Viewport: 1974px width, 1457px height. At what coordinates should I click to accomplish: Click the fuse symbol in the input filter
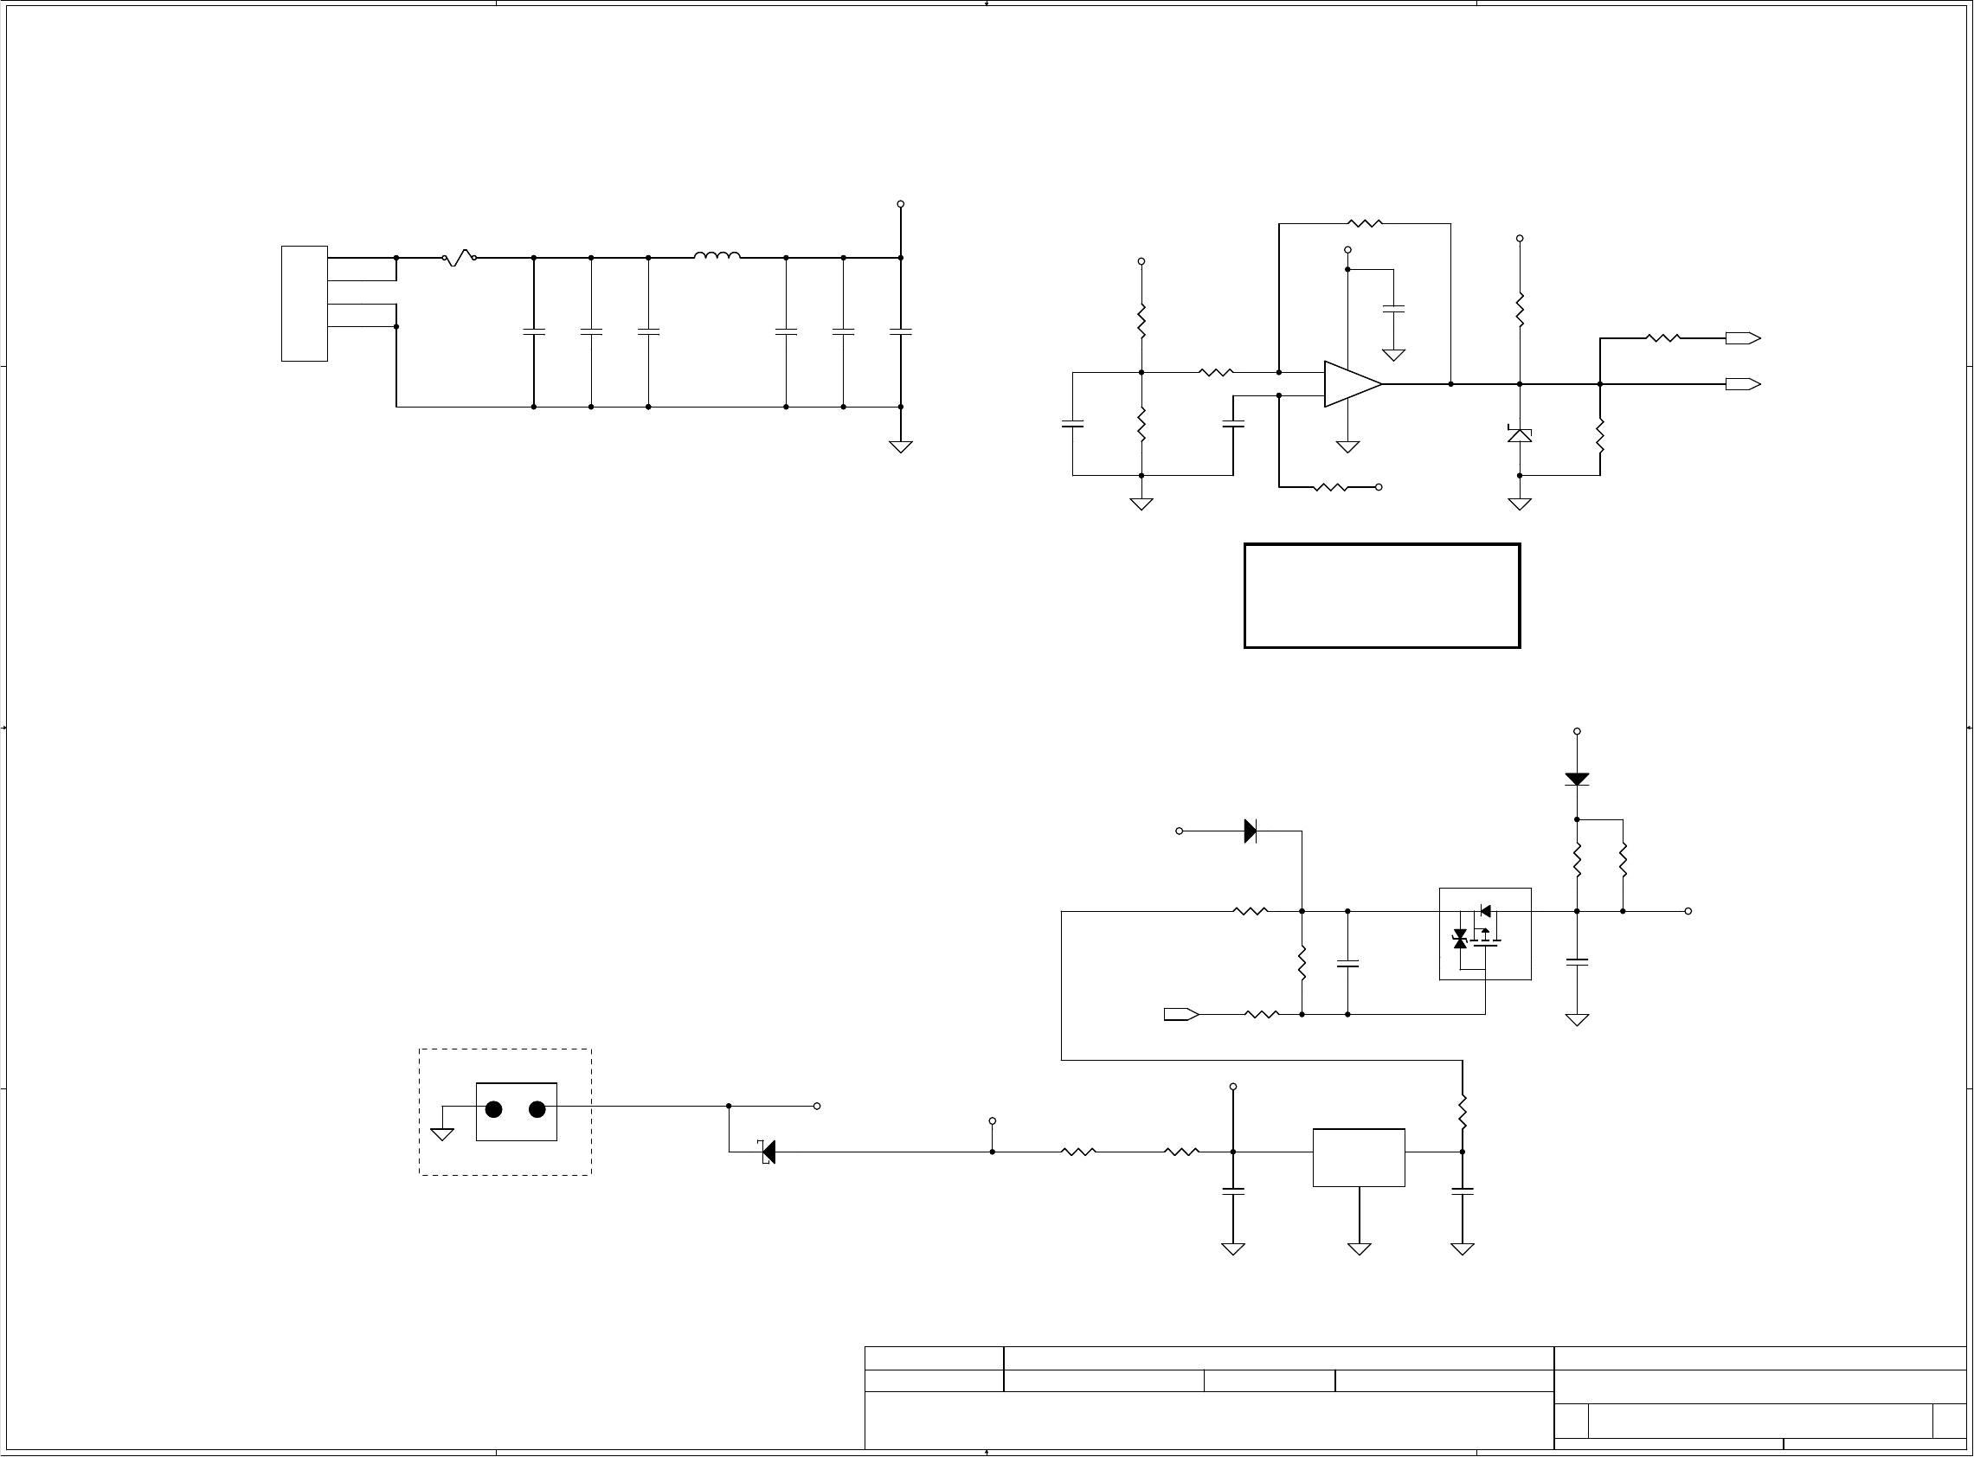click(459, 259)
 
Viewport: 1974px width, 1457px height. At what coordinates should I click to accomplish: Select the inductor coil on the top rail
click(717, 257)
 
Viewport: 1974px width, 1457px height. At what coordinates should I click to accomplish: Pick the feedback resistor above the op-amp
click(1364, 224)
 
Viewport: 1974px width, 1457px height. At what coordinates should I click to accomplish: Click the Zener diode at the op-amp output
click(1519, 434)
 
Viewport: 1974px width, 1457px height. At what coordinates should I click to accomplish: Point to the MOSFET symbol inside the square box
click(1484, 934)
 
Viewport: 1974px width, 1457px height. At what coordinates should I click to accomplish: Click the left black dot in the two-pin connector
click(494, 1109)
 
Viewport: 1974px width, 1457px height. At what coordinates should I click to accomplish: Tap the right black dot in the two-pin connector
click(537, 1109)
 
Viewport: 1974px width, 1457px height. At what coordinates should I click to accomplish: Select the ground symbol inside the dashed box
click(442, 1133)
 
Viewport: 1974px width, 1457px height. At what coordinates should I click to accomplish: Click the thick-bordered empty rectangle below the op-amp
click(1381, 596)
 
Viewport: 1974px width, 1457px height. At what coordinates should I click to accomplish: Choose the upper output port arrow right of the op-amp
click(1742, 337)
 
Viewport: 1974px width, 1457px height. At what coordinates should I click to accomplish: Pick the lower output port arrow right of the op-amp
click(1742, 384)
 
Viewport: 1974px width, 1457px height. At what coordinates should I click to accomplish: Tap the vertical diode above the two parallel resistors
click(1576, 779)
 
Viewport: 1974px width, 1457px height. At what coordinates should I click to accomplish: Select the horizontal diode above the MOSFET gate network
click(1250, 831)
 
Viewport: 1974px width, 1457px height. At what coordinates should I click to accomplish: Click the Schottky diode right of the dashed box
click(768, 1151)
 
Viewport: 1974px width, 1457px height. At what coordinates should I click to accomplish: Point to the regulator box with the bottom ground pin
click(1359, 1157)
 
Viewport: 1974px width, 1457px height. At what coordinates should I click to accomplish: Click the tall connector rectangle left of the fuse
click(305, 304)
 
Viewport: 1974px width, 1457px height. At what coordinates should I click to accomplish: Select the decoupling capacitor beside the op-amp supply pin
click(1393, 309)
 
